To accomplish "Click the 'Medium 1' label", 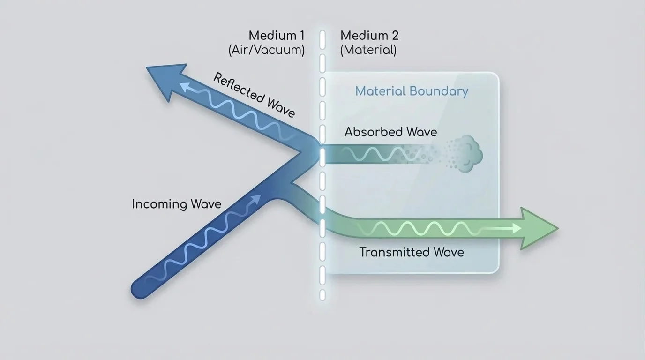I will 277,35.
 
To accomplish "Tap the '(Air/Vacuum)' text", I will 267,50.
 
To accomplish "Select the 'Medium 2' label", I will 369,35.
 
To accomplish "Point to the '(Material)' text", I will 368,50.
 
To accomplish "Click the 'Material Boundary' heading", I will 412,91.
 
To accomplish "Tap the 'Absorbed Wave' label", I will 390,132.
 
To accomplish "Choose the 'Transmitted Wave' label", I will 412,252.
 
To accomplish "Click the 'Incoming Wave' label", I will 176,204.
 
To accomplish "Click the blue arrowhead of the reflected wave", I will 164,80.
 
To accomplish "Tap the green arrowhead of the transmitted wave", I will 539,228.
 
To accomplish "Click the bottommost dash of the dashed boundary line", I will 322,294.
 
